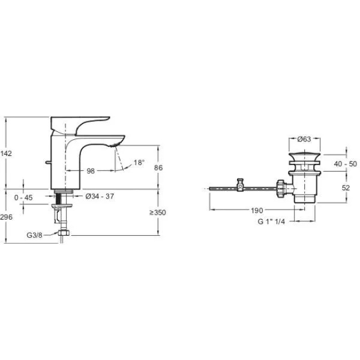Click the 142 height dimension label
click(6, 154)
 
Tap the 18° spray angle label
click(139, 163)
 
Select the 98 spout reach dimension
click(91, 171)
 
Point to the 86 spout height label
click(158, 167)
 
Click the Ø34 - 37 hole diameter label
click(100, 196)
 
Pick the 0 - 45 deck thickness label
click(23, 197)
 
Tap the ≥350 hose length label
click(157, 212)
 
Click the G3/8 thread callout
click(34, 235)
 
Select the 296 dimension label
click(6, 217)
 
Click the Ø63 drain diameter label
click(304, 139)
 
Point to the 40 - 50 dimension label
click(346, 164)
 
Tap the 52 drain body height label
click(346, 188)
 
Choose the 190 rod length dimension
click(257, 211)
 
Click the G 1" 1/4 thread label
click(271, 221)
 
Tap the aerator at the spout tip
click(115, 145)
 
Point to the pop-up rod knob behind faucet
click(48, 163)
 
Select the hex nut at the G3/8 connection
click(64, 233)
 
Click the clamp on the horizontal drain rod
click(240, 185)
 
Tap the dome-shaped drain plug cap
click(304, 157)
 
